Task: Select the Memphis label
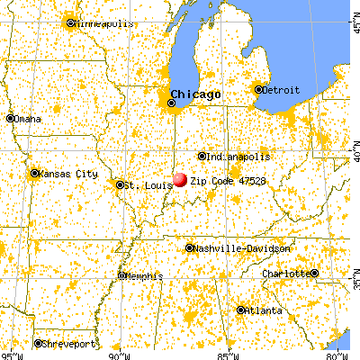pyautogui.click(x=145, y=275)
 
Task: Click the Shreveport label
pyautogui.click(x=69, y=343)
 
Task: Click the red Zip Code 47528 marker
pyautogui.click(x=181, y=180)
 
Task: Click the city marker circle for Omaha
pyautogui.click(x=11, y=118)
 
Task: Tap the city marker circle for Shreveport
pyautogui.click(x=38, y=343)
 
